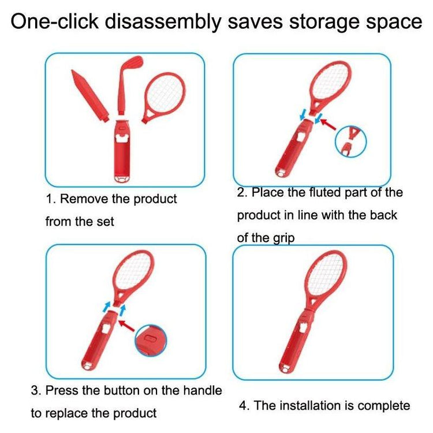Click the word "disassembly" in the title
pos(163,21)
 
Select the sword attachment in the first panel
pos(89,95)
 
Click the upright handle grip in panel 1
pos(122,151)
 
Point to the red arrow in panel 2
pos(328,124)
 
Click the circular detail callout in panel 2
pos(350,141)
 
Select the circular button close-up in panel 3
pos(151,340)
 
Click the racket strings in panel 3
pos(133,271)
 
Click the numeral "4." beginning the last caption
pos(244,406)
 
